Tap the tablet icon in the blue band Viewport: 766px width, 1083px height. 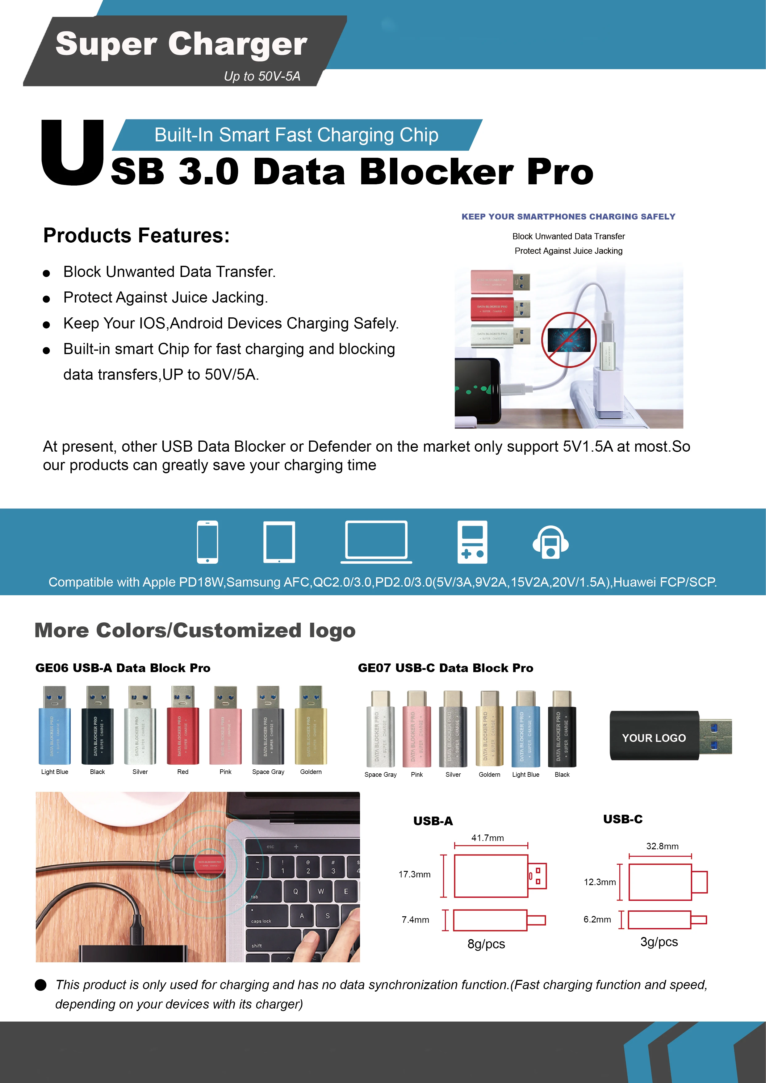279,542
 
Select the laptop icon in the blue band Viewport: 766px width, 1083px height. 376,541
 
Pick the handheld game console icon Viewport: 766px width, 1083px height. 472,542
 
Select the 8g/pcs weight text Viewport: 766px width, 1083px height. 486,944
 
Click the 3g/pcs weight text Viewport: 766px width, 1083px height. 659,942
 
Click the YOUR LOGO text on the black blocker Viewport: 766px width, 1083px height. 654,738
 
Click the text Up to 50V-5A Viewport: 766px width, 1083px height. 262,77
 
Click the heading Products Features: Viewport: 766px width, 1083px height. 136,235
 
